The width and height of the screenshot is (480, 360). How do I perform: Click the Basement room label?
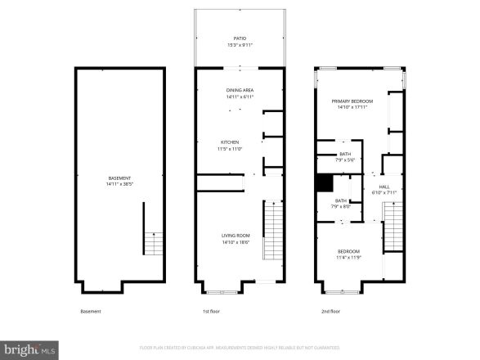point(119,178)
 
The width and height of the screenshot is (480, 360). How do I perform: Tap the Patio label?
point(240,38)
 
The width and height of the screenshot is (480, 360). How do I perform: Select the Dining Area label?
point(240,90)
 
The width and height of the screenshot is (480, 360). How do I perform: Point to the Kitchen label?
point(230,142)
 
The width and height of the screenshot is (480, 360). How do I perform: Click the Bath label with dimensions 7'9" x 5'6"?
point(345,154)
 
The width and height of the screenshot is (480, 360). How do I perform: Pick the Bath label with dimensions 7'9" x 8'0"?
point(340,200)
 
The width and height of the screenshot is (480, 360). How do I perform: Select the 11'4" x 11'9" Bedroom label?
point(348,251)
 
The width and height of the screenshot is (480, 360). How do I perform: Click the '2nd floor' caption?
point(331,311)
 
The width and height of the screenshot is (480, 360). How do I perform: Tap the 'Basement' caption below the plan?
point(91,311)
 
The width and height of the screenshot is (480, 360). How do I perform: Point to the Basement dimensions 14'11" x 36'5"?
point(119,184)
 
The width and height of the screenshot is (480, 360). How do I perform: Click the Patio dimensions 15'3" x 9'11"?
point(240,45)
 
